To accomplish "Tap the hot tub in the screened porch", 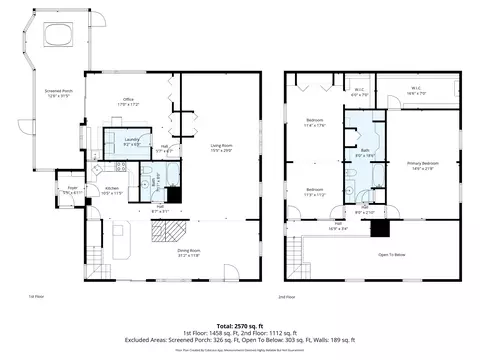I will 57,37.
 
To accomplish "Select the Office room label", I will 128,102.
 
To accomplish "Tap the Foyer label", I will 73,189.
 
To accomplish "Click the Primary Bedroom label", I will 422,164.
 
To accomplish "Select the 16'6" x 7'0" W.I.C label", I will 417,90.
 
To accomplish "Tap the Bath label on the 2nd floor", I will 366,153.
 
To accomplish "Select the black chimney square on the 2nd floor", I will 380,227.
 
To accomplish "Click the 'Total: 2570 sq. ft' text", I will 239,327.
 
